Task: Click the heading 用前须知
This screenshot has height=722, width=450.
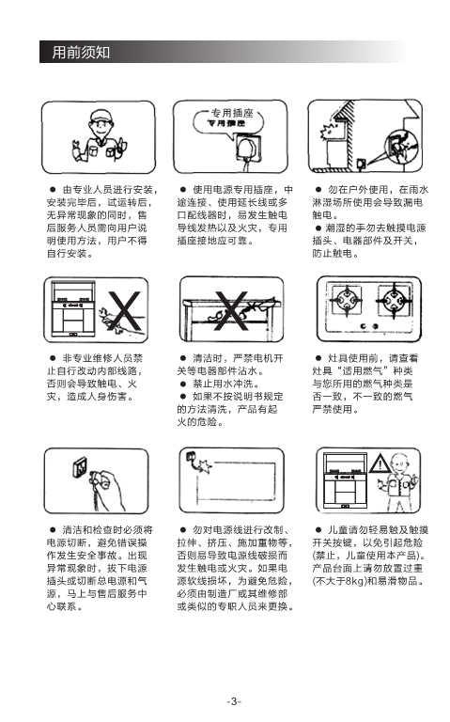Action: click(81, 52)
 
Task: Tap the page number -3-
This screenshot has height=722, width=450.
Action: click(234, 701)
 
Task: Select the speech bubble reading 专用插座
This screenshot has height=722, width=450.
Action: click(228, 121)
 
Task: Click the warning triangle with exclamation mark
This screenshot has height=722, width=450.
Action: click(380, 463)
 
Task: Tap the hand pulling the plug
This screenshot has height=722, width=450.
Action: click(108, 489)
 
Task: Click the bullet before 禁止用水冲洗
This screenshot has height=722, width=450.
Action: click(183, 384)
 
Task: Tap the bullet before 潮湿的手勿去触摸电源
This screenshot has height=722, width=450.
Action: click(318, 228)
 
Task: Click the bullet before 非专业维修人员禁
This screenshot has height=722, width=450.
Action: click(53, 358)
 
